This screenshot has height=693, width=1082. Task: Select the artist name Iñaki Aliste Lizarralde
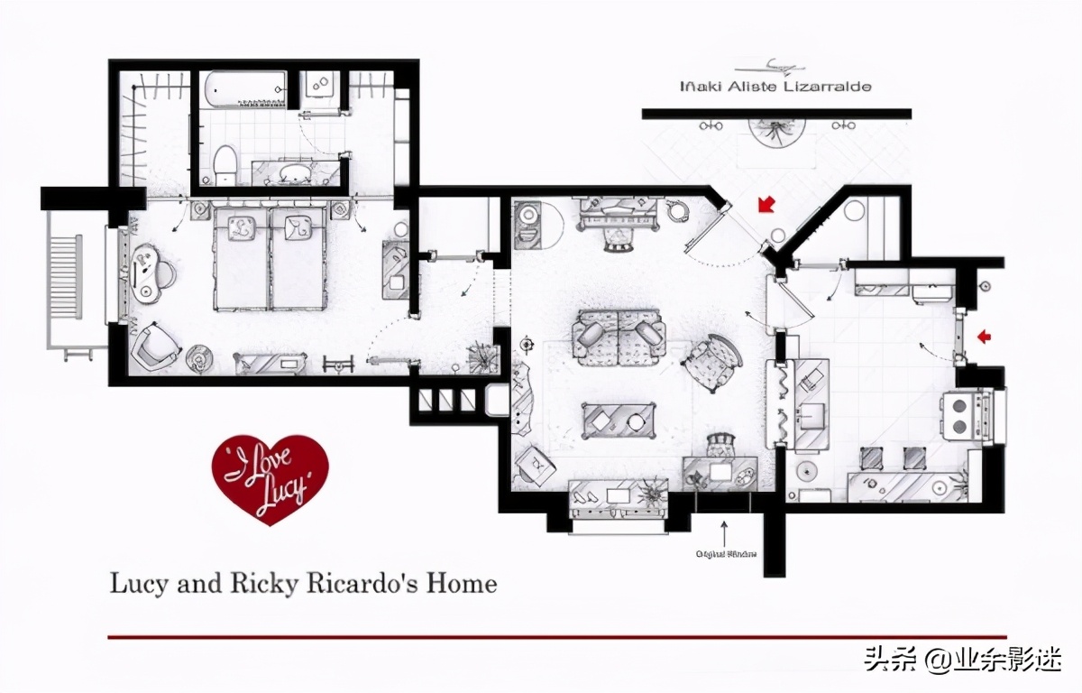[x=775, y=87]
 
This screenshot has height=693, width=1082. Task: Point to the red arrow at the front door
[x=766, y=205]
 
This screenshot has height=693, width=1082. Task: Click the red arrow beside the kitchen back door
[x=984, y=337]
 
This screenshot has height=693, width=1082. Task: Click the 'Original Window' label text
[x=725, y=554]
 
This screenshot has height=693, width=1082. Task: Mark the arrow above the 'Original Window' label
[x=724, y=530]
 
